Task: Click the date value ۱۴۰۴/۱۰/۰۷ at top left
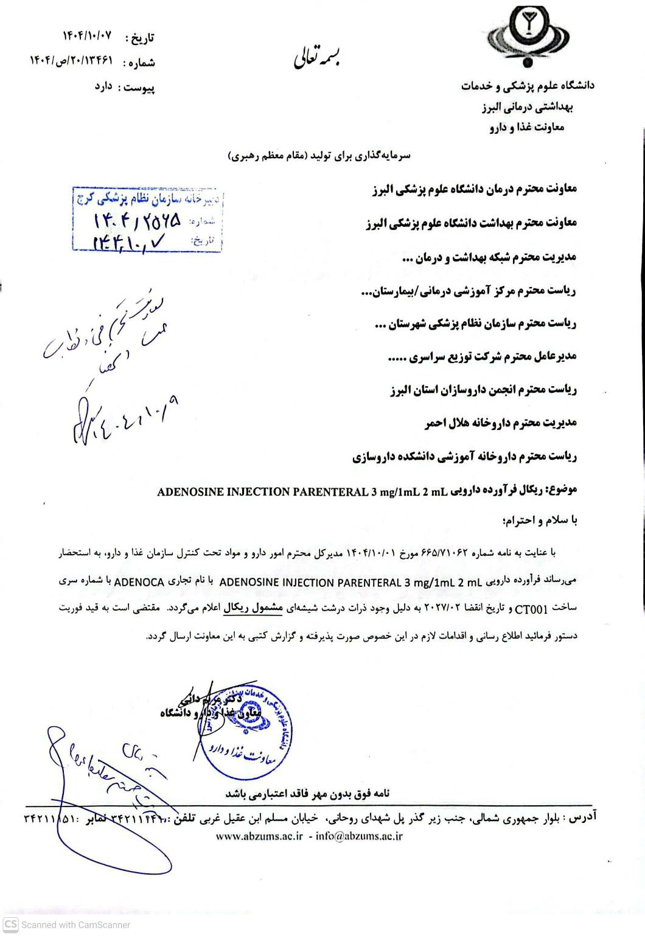[x=87, y=36]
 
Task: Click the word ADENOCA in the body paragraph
[x=139, y=582]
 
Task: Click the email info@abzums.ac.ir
[x=359, y=836]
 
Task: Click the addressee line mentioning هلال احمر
[x=500, y=423]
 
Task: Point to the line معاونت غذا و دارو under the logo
[x=526, y=128]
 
